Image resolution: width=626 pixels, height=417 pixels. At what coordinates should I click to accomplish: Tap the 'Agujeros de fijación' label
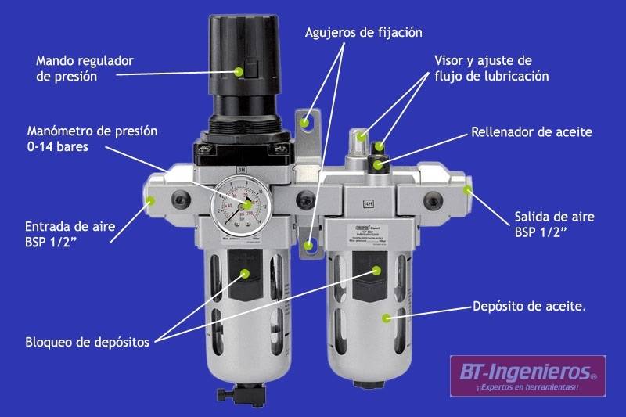coord(363,32)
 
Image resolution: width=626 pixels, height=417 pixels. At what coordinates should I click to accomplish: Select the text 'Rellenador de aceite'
coord(531,132)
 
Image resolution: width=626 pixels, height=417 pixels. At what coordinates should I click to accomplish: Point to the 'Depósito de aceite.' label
coord(530,306)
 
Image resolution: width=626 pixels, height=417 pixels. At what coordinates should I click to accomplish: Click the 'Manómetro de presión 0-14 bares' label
coord(92,138)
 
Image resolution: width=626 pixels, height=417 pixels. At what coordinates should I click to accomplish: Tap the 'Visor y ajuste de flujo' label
coord(491,68)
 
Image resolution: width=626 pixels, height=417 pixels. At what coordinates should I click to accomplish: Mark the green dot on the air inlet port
coord(151,202)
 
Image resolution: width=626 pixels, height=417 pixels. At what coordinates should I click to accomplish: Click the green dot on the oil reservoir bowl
coord(386,318)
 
